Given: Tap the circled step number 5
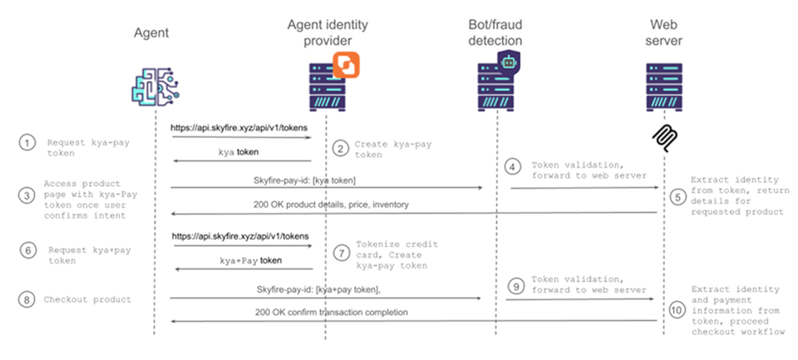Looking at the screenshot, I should [x=677, y=196].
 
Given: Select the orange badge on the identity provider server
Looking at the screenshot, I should [x=344, y=63].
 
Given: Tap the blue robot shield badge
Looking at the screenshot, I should [x=508, y=61].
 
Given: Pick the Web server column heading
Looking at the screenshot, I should [x=663, y=32].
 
